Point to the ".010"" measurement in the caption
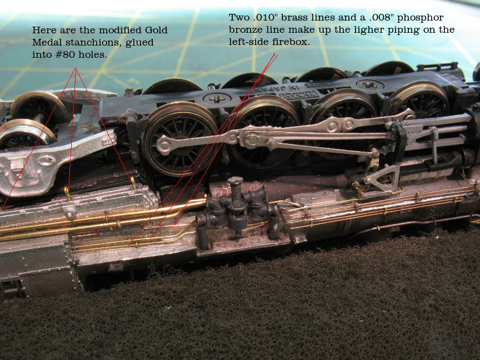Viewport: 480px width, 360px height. [265, 17]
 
